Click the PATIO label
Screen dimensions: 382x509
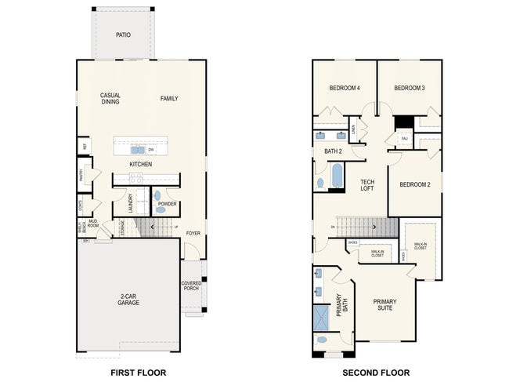pos(123,35)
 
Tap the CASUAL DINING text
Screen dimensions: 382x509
pos(110,99)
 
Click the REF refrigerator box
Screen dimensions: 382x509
pos(82,146)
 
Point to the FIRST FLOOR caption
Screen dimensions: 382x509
pos(138,372)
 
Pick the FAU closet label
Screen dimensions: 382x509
pos(404,139)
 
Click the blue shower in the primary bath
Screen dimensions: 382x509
pos(322,318)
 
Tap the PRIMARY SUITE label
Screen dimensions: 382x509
pos(384,305)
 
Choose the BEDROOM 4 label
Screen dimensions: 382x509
pos(344,88)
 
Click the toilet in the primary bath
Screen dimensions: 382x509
pos(322,342)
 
